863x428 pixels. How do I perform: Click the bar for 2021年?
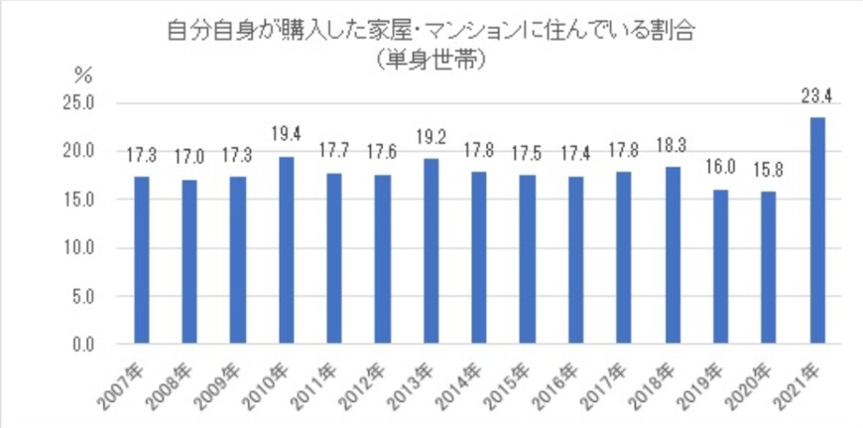817,230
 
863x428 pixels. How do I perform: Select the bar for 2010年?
286,250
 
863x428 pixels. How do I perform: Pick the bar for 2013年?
431,251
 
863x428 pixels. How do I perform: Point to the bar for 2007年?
141,260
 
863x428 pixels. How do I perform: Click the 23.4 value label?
817,96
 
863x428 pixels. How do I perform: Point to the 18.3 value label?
673,145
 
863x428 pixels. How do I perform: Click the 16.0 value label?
721,167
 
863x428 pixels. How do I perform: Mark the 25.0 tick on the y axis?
79,103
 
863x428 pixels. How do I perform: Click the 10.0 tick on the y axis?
79,248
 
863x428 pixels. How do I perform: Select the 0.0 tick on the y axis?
83,345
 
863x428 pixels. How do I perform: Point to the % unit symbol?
83,73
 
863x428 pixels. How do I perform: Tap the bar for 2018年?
673,255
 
